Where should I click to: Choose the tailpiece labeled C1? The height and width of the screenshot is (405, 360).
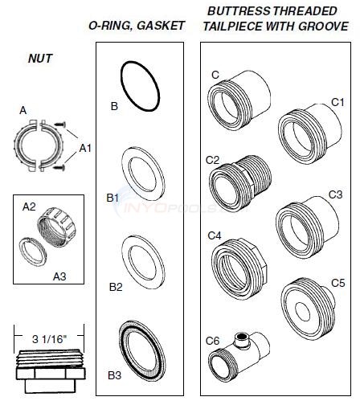[x=306, y=129]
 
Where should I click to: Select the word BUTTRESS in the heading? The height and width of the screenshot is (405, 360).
[x=233, y=10]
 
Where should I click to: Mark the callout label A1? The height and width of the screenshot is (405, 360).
[x=85, y=149]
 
